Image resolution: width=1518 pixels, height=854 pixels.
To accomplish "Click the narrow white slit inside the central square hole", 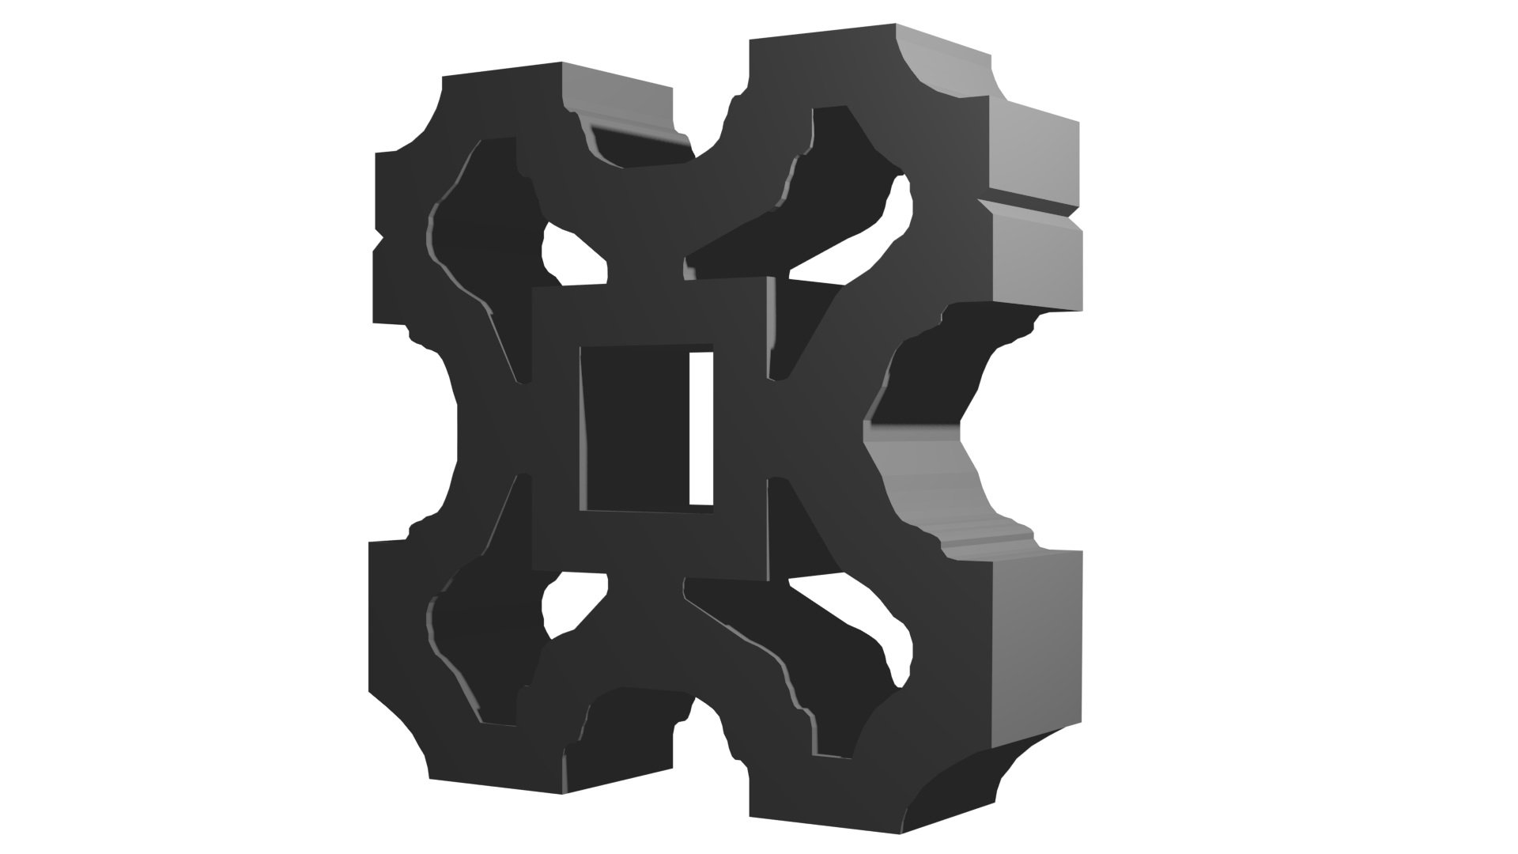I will pos(701,427).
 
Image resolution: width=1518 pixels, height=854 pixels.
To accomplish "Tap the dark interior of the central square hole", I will pos(632,427).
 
